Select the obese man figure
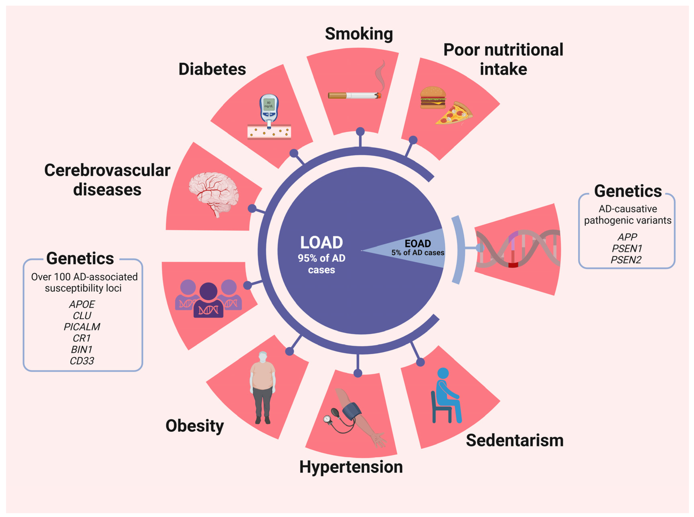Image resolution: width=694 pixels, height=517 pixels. point(262,387)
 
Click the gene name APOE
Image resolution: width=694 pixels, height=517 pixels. point(82,304)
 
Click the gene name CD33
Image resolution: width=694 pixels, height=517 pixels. point(82,361)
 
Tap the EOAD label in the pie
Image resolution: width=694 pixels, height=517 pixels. point(418,244)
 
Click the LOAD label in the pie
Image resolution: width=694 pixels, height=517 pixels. point(322,243)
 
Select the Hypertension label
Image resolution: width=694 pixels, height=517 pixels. point(351,467)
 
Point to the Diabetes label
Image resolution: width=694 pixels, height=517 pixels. point(212,69)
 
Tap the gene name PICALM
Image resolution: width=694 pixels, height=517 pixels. point(82,327)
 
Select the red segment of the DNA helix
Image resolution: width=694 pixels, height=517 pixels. point(513,265)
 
